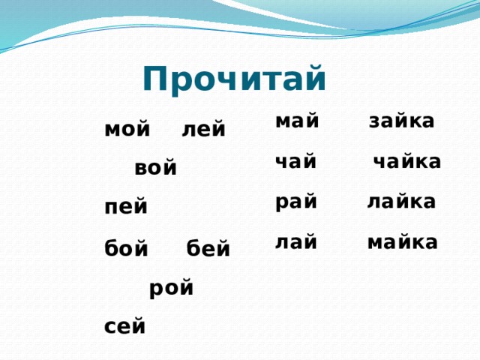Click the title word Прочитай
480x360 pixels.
[x=234, y=79]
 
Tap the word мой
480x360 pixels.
[x=127, y=130]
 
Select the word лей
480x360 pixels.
[x=203, y=130]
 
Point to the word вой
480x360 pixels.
[x=156, y=169]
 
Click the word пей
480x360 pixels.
[x=127, y=208]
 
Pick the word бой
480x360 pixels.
[x=127, y=247]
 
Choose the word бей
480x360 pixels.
[x=208, y=247]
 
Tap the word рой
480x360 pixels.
[x=172, y=287]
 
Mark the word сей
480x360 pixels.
[x=126, y=327]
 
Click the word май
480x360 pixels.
[x=298, y=121]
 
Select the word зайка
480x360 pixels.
[x=402, y=121]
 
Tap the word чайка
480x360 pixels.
[x=407, y=162]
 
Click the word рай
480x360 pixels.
[x=297, y=202]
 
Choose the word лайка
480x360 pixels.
[x=402, y=202]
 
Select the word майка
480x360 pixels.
[x=403, y=242]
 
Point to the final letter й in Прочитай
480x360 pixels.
[x=316, y=76]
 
